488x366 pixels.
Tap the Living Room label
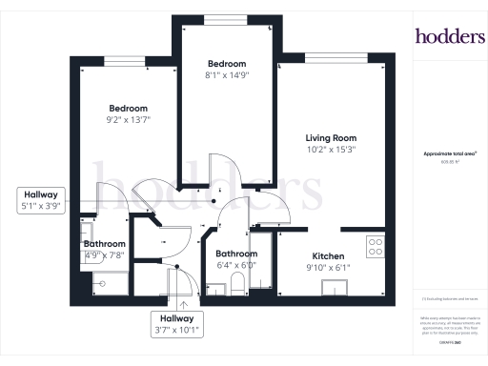tap(330, 137)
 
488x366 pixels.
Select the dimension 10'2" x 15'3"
tap(330, 150)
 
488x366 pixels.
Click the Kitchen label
tap(328, 256)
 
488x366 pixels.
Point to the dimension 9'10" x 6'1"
tap(328, 268)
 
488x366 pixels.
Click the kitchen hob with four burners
tap(375, 245)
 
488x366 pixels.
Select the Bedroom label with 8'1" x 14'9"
tap(227, 63)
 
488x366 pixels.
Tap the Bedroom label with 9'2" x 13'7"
tap(128, 108)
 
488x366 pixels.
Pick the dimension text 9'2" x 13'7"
tap(128, 120)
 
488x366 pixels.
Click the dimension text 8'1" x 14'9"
tap(227, 75)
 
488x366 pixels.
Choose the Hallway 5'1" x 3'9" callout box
tap(39, 199)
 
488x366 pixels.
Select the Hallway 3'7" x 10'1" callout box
tap(176, 324)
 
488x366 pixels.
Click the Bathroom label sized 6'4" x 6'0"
tap(235, 254)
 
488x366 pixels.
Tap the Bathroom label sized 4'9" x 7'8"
tap(103, 244)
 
